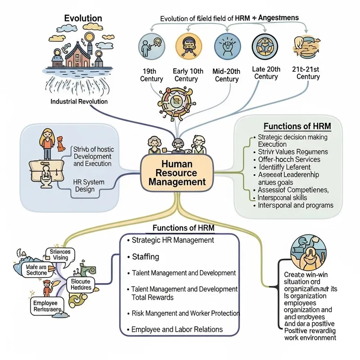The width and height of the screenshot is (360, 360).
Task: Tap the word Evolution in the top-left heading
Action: click(83, 18)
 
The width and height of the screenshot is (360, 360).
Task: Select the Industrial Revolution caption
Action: click(79, 101)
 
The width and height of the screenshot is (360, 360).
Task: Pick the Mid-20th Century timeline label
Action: click(227, 75)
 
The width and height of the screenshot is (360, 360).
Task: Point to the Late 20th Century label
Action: click(266, 72)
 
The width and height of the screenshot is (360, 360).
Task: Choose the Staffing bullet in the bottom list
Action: click(145, 256)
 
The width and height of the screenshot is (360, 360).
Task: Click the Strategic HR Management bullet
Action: click(173, 240)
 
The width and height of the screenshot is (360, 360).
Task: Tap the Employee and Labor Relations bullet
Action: click(177, 329)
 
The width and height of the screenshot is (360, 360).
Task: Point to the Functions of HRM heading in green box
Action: click(297, 126)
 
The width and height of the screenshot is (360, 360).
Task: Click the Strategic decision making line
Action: click(292, 137)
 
